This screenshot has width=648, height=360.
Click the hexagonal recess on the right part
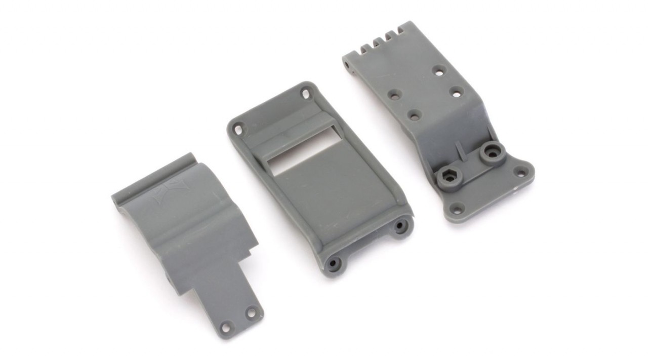449,175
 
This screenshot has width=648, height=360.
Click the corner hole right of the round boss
520,171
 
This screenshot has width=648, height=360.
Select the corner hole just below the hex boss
457,208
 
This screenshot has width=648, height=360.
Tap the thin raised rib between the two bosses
460,150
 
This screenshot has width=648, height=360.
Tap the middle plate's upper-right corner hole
306,93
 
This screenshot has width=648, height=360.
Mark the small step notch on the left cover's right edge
252,248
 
